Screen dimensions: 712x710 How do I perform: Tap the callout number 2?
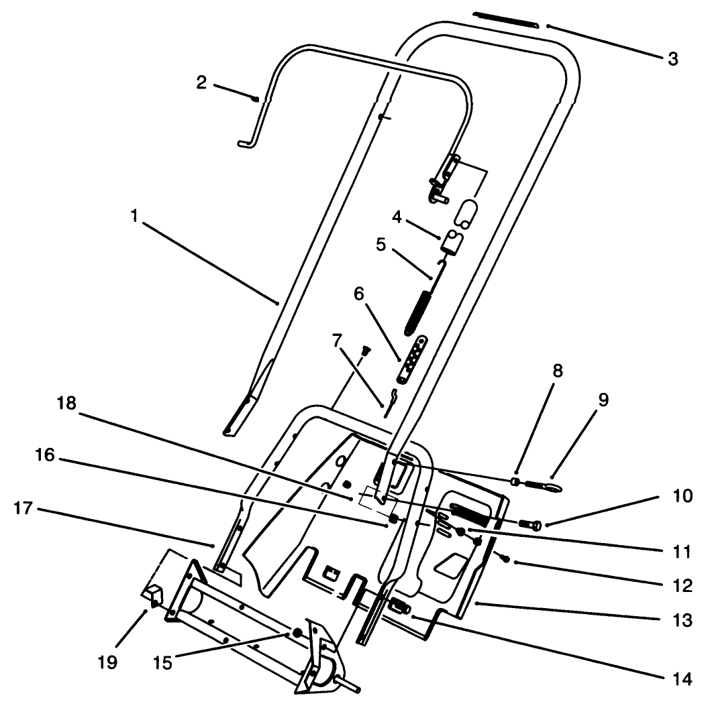(x=201, y=83)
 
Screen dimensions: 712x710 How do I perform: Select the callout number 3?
(x=672, y=59)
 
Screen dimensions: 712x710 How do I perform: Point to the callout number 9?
(x=603, y=400)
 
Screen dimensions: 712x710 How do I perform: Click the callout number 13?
(x=682, y=621)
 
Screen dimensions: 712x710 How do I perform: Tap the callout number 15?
(x=162, y=663)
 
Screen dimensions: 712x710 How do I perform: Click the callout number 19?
(x=107, y=662)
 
